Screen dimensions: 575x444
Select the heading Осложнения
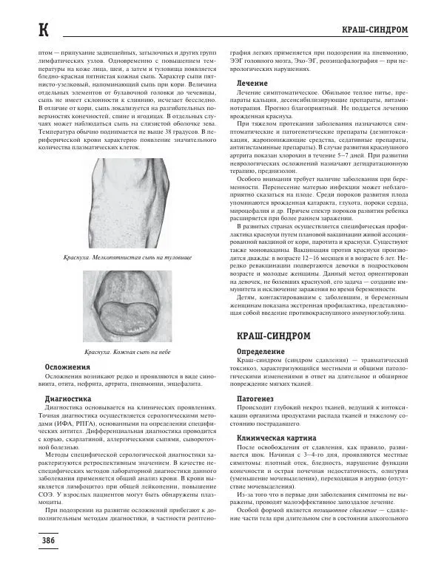(x=68, y=367)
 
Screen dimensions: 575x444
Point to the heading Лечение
(x=252, y=84)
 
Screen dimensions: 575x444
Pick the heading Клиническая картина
(x=275, y=438)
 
